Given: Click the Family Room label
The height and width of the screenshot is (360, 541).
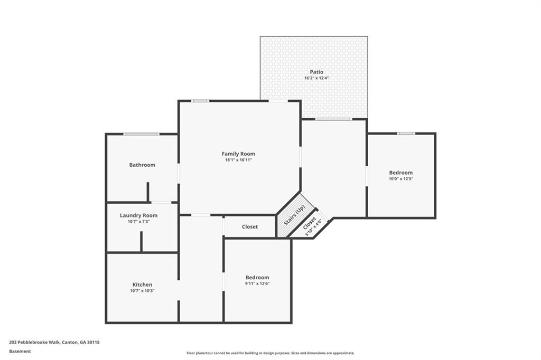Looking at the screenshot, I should click(238, 154).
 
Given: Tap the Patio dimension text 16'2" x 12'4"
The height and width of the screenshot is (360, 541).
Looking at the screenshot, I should click(316, 78).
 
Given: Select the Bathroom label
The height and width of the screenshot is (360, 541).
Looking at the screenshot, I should click(142, 165).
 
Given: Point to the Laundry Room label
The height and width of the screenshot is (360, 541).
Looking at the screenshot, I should click(138, 215).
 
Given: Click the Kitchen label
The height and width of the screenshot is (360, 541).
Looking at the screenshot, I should click(142, 285).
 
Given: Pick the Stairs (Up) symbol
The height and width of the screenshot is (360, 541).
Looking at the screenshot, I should click(294, 215).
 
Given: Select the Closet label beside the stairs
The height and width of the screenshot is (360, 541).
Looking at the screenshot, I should click(250, 226).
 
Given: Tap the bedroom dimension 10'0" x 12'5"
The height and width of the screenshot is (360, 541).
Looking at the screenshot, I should click(400, 178).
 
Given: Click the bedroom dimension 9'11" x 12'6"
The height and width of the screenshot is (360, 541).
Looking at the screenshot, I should click(257, 283).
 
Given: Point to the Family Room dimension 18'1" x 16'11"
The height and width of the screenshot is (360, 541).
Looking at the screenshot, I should click(238, 159).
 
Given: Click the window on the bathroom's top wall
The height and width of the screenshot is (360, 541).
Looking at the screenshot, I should click(141, 134).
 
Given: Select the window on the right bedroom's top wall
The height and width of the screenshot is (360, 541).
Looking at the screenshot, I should click(406, 133).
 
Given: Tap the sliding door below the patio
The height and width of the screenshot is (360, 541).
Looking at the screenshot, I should click(333, 119).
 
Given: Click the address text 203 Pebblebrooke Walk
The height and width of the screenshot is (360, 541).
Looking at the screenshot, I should click(54, 342).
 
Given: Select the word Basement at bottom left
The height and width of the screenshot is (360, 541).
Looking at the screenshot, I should click(20, 351).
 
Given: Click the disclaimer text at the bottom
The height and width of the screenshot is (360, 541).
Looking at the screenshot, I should click(270, 353).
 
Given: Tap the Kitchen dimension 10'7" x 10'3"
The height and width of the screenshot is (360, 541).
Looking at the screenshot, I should click(142, 290).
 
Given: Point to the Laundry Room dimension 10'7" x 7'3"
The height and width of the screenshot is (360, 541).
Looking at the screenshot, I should click(138, 221).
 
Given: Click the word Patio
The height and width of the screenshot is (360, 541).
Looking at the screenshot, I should click(316, 72).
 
